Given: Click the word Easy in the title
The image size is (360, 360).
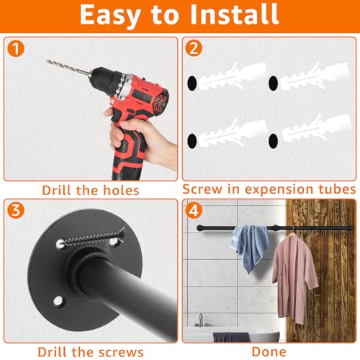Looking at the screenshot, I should point(107,14).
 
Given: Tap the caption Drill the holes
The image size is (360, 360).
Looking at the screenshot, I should point(89,190).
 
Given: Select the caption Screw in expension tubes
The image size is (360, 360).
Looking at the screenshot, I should point(269,189).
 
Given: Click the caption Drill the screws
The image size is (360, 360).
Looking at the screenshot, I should point(89,351).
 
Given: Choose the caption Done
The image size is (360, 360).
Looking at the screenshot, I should point(269,351).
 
